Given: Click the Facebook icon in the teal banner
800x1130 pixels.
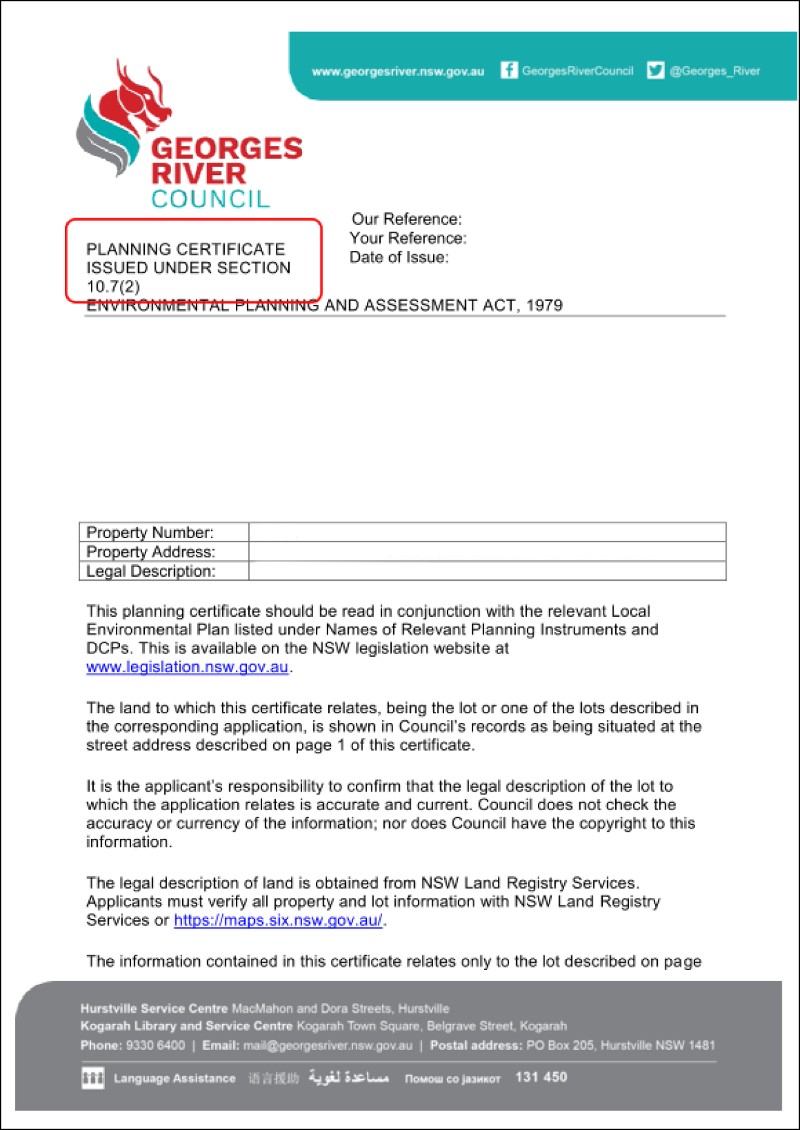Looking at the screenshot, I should [508, 70].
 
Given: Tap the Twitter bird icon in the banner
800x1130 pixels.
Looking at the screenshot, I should [655, 70].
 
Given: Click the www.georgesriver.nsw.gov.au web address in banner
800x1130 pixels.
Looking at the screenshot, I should [398, 71].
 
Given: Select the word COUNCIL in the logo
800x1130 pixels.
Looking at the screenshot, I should [210, 199].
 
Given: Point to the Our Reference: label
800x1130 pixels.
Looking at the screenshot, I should [406, 219].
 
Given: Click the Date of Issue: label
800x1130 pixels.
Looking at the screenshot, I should [398, 258].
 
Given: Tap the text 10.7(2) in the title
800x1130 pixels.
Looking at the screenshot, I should [113, 286].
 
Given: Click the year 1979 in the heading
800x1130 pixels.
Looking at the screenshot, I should [544, 305].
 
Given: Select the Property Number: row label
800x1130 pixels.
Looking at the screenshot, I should [150, 532].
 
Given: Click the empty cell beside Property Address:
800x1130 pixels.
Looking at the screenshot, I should [487, 552].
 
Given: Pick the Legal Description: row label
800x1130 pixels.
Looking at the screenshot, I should [151, 571].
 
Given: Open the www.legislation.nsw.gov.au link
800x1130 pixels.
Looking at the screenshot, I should [187, 667].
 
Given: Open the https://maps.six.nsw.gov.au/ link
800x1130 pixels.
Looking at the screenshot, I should [278, 920].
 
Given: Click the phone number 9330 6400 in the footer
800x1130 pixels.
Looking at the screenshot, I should [155, 1045].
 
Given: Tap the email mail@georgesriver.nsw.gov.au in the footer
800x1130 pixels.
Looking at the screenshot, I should [328, 1045].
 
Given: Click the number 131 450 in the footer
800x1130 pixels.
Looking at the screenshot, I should [541, 1077].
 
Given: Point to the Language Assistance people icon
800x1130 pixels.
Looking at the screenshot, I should [92, 1078].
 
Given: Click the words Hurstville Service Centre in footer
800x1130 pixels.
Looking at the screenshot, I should [154, 1009].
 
